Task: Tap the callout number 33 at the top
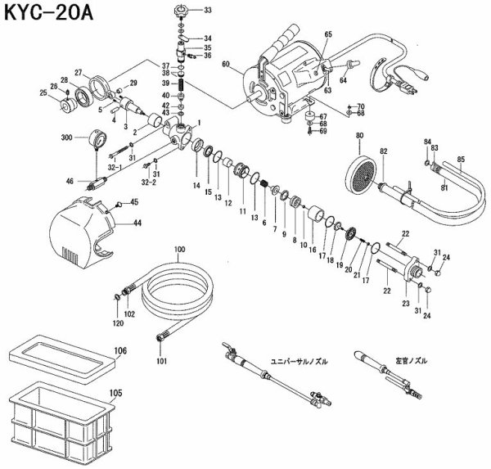[x=206, y=11]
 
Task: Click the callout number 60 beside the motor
[x=226, y=64]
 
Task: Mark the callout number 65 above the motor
[x=328, y=34]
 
